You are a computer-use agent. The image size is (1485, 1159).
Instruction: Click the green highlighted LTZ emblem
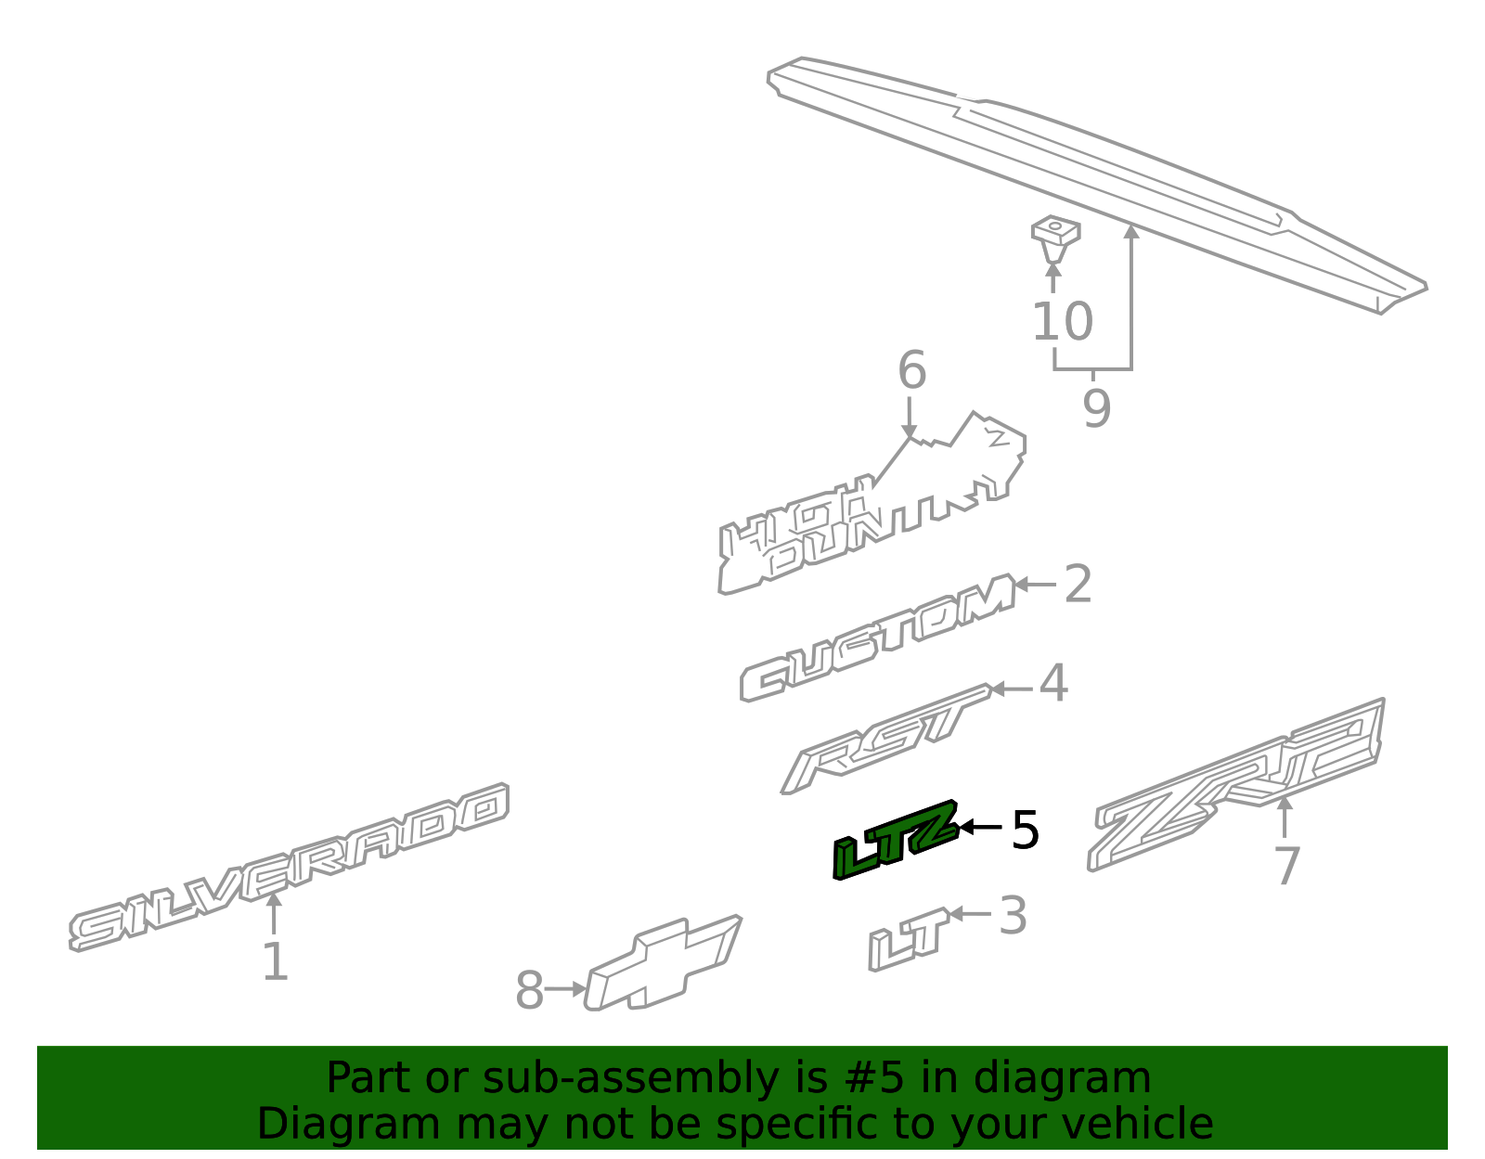tap(896, 841)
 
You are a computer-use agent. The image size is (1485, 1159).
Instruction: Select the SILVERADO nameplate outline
tap(288, 868)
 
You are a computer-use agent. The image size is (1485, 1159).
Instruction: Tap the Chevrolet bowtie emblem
tap(662, 964)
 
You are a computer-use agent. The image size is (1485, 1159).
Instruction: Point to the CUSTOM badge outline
tap(877, 637)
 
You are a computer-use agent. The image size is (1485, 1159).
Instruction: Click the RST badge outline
tap(885, 739)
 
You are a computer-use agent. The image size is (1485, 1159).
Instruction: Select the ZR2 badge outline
tap(1235, 785)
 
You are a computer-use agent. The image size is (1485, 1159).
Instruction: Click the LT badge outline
tap(909, 940)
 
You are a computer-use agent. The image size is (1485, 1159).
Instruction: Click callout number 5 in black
tap(1025, 831)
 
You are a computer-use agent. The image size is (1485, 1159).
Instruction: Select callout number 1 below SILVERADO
tap(276, 961)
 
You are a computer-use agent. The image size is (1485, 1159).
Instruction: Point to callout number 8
tap(530, 989)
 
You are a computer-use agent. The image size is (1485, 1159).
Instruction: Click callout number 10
tap(1063, 321)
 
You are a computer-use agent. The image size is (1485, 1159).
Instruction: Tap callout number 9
tap(1096, 407)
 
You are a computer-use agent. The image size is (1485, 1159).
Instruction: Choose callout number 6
tap(912, 370)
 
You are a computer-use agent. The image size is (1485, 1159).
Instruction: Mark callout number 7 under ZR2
tap(1287, 866)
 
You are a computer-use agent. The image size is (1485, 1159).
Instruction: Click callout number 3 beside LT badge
tap(1013, 916)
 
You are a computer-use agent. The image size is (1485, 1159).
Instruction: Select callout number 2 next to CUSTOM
tap(1078, 584)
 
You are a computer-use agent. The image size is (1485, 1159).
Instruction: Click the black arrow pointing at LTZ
tap(981, 827)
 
